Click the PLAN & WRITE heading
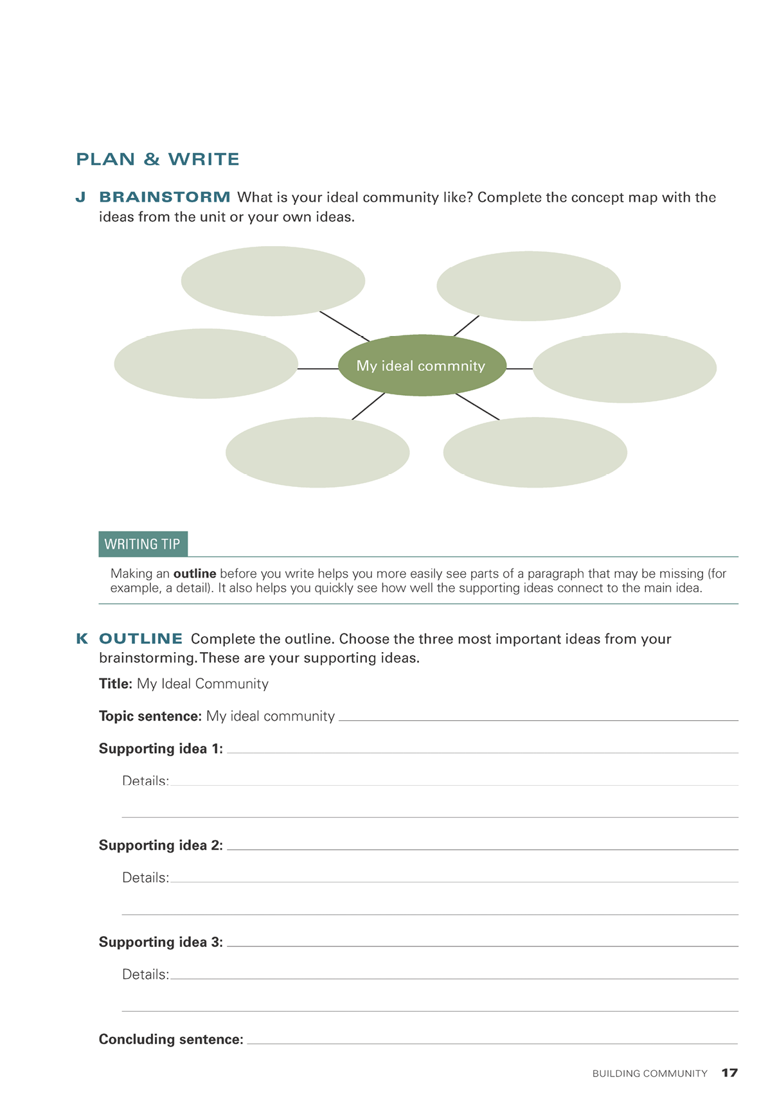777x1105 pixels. click(157, 159)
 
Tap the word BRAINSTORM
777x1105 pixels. click(165, 197)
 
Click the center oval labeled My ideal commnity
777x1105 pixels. click(422, 366)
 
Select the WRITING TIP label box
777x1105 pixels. click(143, 544)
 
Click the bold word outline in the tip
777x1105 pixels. click(195, 573)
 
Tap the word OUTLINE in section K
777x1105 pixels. click(141, 639)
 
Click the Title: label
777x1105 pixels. click(116, 684)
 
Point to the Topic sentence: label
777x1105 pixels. click(150, 716)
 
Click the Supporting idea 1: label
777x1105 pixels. click(161, 748)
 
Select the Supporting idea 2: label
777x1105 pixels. click(161, 845)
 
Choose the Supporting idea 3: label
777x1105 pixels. click(161, 942)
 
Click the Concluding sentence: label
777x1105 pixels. click(171, 1039)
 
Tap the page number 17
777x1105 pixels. click(729, 1073)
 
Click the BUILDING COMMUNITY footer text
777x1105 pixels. click(650, 1074)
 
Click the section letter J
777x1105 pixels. click(80, 197)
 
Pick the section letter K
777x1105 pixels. click(82, 639)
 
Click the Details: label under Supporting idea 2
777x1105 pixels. click(145, 878)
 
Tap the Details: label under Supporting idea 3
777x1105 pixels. click(145, 975)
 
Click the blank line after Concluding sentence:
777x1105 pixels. click(492, 1042)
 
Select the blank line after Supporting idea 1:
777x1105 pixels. click(482, 751)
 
